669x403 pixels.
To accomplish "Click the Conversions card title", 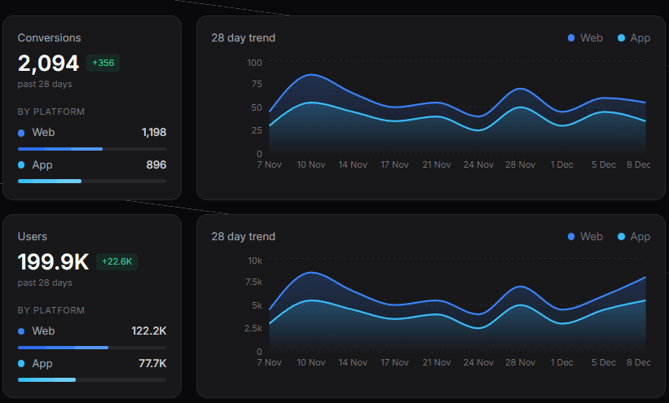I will coord(49,37).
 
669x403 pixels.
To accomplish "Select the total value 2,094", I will coord(48,64).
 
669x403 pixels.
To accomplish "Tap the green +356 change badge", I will coord(103,64).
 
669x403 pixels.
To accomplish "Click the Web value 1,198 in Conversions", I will coord(153,132).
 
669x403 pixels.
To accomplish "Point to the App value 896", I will coord(156,164).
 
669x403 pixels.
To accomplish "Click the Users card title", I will coord(33,236).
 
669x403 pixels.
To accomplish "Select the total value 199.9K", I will coord(53,262).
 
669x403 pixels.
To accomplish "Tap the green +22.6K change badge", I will coord(117,261).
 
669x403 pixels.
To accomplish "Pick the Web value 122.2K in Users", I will coord(148,331).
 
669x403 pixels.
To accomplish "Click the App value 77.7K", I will coord(152,363).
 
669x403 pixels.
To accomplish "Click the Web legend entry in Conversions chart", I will coord(585,37).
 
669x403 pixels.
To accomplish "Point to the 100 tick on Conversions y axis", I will coord(253,63).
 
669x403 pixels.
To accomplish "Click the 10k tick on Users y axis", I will coord(254,261).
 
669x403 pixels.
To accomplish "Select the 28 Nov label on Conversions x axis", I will coord(520,164).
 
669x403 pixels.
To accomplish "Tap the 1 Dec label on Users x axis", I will coord(561,362).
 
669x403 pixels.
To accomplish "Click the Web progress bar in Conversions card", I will coord(91,149).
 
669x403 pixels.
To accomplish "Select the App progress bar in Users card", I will coord(91,379).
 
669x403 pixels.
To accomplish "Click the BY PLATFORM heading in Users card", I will coord(51,310).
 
